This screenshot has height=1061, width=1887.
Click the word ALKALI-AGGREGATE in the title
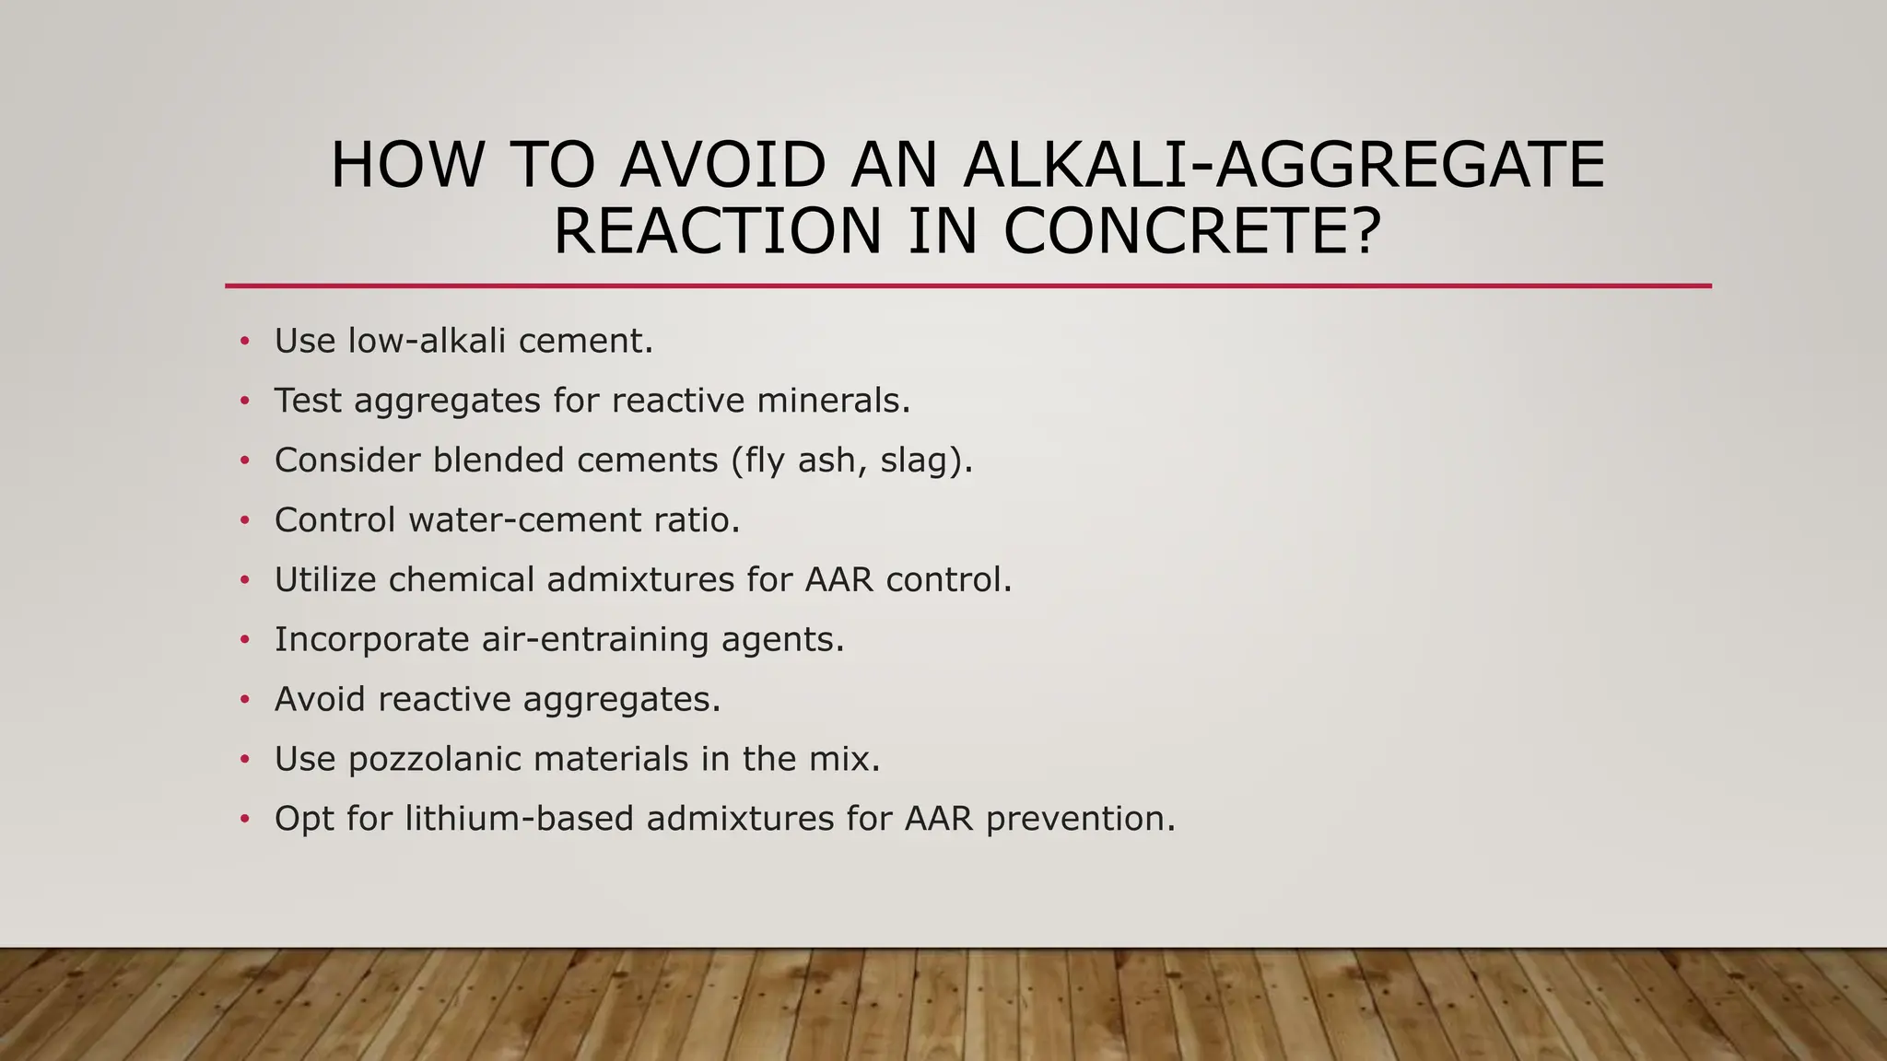pyautogui.click(x=1283, y=166)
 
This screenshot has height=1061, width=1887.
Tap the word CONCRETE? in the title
pyautogui.click(x=1192, y=231)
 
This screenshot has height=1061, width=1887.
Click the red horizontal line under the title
pyautogui.click(x=967, y=286)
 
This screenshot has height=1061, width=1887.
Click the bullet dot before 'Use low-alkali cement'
pyautogui.click(x=244, y=342)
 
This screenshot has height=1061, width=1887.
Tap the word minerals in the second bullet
pyautogui.click(x=833, y=401)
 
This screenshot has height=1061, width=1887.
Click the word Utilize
pyautogui.click(x=325, y=580)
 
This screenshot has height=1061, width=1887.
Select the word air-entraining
pyautogui.click(x=594, y=639)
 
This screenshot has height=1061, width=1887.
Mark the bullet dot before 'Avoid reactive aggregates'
pyautogui.click(x=244, y=700)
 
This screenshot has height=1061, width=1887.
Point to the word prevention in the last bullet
pyautogui.click(x=1080, y=819)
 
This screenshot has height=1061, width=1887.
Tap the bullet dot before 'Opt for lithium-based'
pyautogui.click(x=244, y=819)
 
